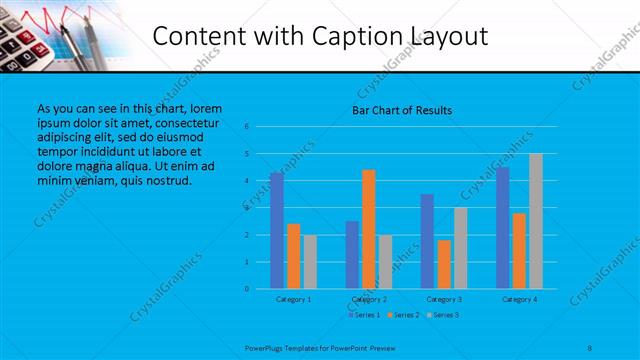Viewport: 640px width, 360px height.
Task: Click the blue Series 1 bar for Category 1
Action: tap(277, 231)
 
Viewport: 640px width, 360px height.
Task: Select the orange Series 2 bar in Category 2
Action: tap(369, 229)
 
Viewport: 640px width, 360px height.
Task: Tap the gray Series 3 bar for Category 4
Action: tap(536, 221)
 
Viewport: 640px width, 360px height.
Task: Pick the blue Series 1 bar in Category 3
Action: tap(427, 241)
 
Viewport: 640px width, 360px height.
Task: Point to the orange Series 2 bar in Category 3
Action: tap(444, 264)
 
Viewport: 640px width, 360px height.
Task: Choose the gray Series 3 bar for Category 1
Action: tap(310, 262)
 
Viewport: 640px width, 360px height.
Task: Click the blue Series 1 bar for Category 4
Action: tap(503, 228)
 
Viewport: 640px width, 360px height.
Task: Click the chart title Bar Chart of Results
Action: tap(402, 109)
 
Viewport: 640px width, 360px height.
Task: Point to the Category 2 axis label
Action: tap(369, 299)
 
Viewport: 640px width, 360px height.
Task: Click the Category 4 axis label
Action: tap(519, 299)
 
